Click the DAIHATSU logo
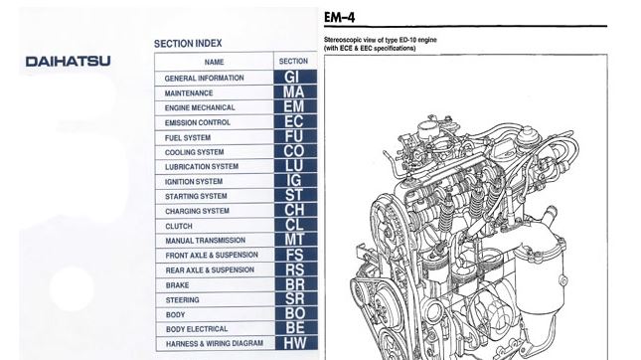(x=67, y=62)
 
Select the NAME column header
(x=214, y=61)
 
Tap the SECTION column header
(x=293, y=61)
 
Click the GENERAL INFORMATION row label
(x=206, y=78)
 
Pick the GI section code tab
(x=293, y=77)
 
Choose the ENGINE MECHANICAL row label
(x=200, y=107)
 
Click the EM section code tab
(x=293, y=106)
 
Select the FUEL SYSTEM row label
(x=188, y=137)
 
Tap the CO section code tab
(x=293, y=151)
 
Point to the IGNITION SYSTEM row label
(x=194, y=182)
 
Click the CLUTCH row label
(x=179, y=226)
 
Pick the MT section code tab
(x=293, y=240)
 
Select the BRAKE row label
(x=177, y=284)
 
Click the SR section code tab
(x=293, y=298)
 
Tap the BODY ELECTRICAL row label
(x=196, y=328)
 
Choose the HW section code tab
(x=293, y=343)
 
